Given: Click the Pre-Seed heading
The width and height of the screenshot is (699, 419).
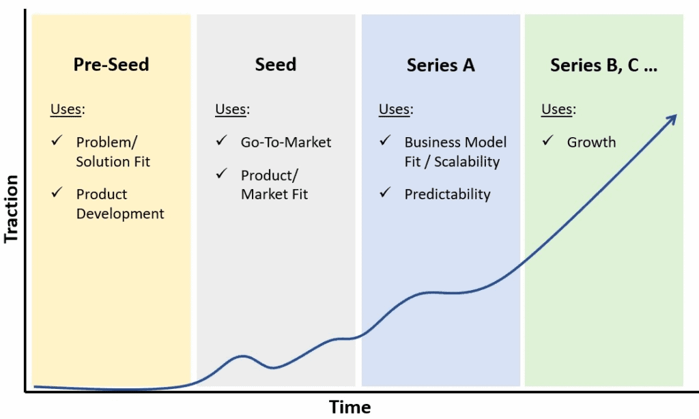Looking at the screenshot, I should [x=111, y=65].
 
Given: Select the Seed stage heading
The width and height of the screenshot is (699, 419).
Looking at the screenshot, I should [x=276, y=65].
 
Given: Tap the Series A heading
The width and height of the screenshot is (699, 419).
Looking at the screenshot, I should [x=440, y=65].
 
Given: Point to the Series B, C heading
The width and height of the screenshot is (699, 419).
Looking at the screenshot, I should [x=603, y=65].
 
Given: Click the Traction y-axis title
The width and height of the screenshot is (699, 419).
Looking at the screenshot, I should [x=12, y=209].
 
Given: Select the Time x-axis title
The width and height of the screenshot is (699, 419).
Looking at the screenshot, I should [x=350, y=407].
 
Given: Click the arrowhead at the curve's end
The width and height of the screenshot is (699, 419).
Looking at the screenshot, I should [x=672, y=117].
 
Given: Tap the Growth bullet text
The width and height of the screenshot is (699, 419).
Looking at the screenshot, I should [x=591, y=143].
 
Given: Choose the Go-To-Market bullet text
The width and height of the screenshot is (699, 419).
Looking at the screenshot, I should [x=286, y=143].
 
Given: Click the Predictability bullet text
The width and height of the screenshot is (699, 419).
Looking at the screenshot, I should [x=447, y=194].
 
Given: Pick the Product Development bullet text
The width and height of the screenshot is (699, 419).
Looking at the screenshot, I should [x=120, y=204].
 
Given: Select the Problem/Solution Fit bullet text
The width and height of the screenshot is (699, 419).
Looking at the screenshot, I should [x=113, y=152].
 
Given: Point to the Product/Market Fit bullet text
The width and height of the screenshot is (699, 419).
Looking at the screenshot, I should [x=274, y=185].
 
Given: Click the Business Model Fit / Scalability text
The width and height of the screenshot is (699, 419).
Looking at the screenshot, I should [x=455, y=152].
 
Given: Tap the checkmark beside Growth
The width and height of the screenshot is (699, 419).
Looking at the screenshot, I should [x=547, y=141].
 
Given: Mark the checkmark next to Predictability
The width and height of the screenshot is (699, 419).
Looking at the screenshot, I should [x=385, y=193].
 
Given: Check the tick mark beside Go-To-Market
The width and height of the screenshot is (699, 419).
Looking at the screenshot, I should [x=221, y=141].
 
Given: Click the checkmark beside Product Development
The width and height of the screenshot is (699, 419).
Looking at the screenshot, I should [x=57, y=193].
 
